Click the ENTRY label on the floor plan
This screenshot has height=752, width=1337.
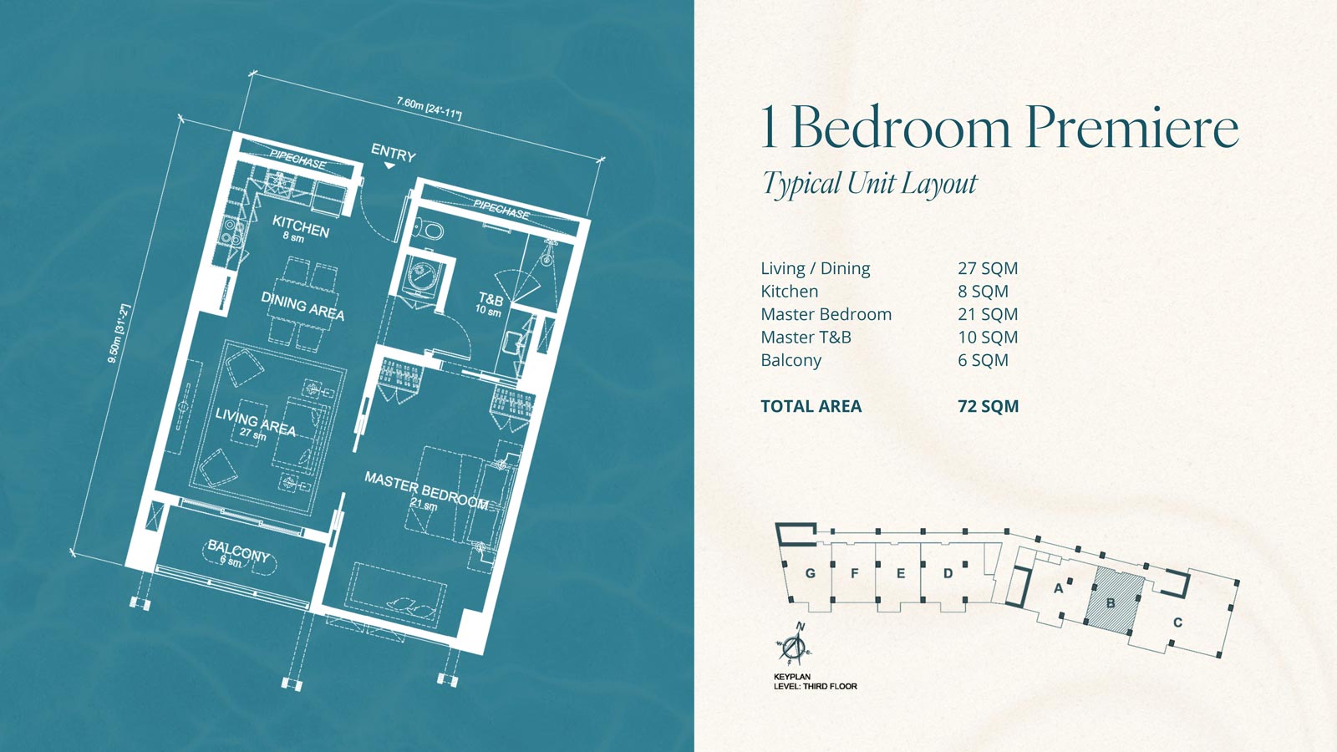(x=393, y=153)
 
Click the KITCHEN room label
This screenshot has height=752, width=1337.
(x=300, y=226)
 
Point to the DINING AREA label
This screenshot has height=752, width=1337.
(x=302, y=306)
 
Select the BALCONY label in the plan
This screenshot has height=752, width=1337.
(x=238, y=551)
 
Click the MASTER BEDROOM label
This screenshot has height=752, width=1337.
(x=426, y=491)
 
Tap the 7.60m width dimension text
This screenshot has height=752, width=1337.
(x=429, y=108)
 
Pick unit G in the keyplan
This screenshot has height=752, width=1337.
(x=810, y=573)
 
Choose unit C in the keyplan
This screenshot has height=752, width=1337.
(x=1177, y=622)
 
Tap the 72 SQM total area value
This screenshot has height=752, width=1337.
(x=988, y=406)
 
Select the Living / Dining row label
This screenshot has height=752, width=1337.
(x=816, y=269)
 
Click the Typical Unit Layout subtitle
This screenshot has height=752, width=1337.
(x=870, y=183)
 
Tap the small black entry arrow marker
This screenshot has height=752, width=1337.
(x=389, y=165)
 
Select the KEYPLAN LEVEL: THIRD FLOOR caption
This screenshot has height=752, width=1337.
(x=816, y=682)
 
